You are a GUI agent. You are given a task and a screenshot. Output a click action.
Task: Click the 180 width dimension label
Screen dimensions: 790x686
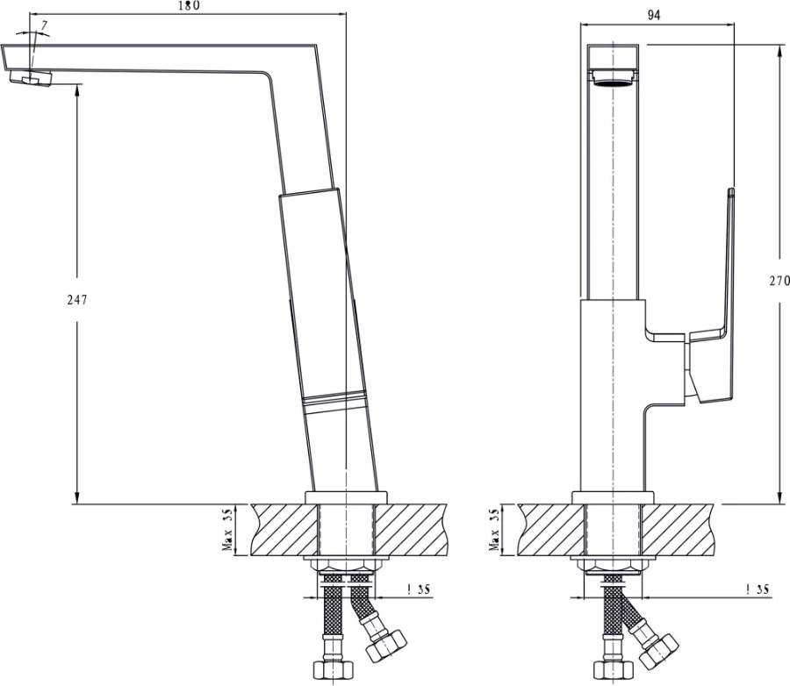point(189,5)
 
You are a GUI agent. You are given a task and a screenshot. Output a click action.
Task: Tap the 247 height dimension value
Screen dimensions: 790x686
point(77,300)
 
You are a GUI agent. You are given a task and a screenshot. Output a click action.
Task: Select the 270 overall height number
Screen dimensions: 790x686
point(779,281)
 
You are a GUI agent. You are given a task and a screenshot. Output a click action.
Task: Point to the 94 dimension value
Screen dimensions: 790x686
point(653,16)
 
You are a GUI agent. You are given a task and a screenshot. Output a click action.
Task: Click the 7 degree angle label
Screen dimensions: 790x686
point(45,25)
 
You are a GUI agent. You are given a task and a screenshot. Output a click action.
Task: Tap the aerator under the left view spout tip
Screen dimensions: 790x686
point(31,79)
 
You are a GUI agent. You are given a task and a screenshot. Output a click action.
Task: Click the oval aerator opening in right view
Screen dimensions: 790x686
point(614,83)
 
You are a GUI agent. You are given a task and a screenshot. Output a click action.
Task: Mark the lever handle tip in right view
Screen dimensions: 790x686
point(731,192)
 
